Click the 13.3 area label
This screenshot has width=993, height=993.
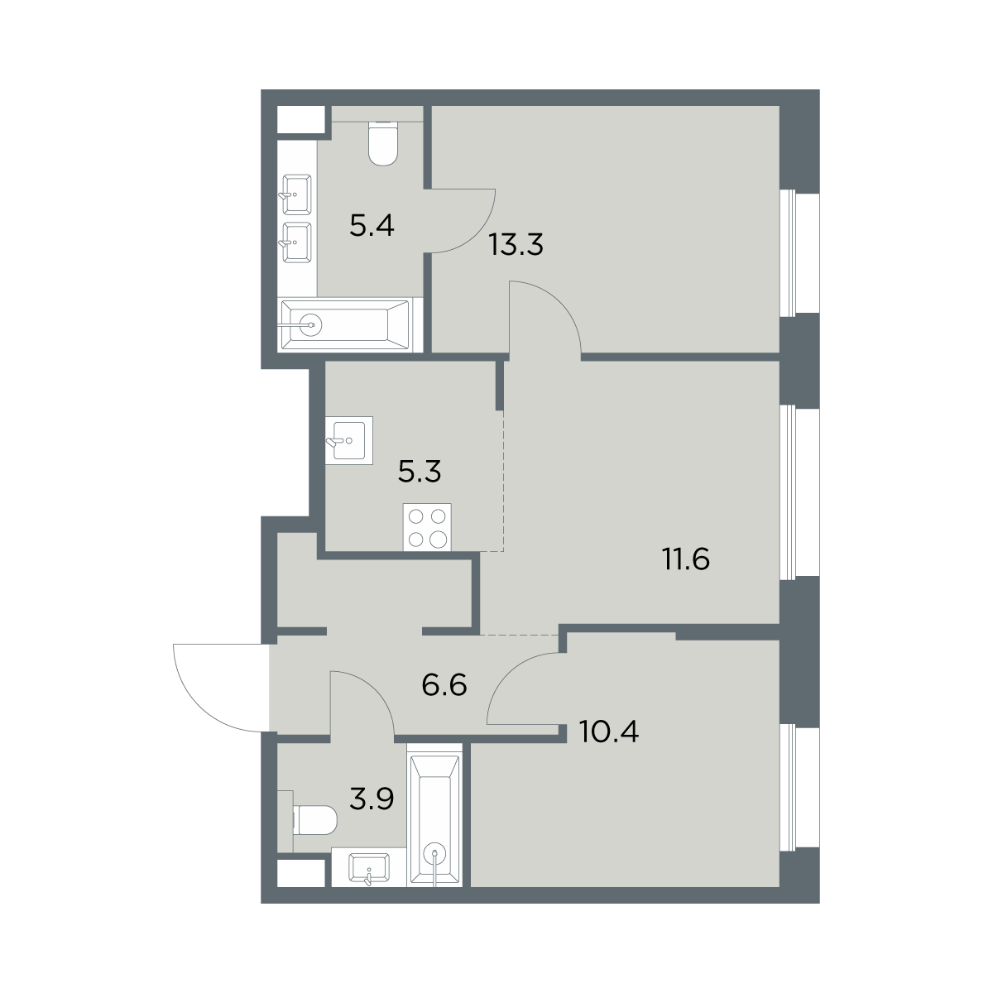pyautogui.click(x=516, y=244)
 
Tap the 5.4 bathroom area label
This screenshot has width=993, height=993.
pyautogui.click(x=372, y=225)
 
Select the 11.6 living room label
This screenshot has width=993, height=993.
pyautogui.click(x=686, y=559)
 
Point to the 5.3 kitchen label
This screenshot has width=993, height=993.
pyautogui.click(x=420, y=472)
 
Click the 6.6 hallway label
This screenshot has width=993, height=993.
pyautogui.click(x=444, y=685)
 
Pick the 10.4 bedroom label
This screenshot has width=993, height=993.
pyautogui.click(x=608, y=732)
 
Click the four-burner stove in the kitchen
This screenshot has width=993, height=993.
pyautogui.click(x=427, y=528)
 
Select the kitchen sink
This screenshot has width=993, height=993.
pyautogui.click(x=349, y=440)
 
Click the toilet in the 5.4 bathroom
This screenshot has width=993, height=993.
pyautogui.click(x=384, y=143)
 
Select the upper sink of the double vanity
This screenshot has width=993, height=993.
pyautogui.click(x=296, y=194)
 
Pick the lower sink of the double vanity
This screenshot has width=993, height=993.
pyautogui.click(x=296, y=242)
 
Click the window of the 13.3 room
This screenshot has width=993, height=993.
pyautogui.click(x=799, y=252)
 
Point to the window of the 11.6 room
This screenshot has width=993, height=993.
pyautogui.click(x=799, y=493)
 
